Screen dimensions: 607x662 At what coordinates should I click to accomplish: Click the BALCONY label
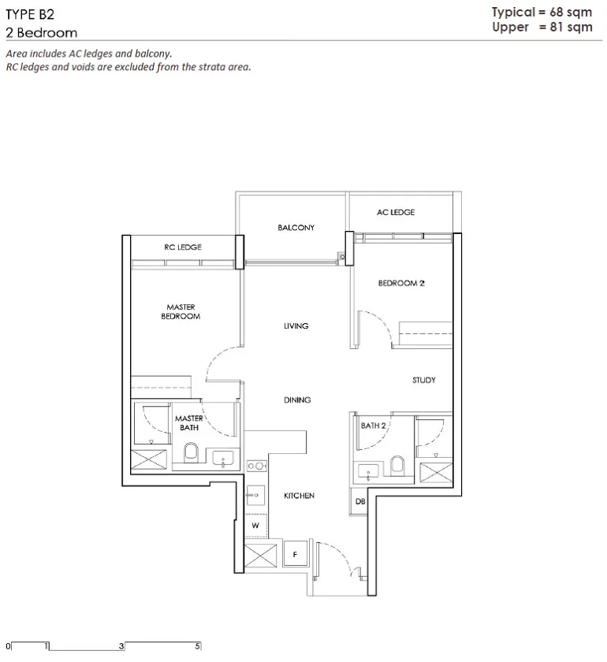296,228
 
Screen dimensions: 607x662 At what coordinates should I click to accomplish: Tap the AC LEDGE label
396,212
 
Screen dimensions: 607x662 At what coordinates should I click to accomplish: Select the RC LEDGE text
183,247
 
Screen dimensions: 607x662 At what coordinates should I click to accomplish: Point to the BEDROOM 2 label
401,283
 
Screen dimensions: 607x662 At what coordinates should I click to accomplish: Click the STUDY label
423,380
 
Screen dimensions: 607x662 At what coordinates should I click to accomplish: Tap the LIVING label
296,326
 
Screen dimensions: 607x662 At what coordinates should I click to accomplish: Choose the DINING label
297,400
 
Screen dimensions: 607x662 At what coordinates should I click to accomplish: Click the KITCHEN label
299,496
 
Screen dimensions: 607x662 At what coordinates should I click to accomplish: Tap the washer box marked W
256,526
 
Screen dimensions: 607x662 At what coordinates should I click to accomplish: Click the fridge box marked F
296,553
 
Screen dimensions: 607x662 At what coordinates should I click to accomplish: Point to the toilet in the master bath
191,452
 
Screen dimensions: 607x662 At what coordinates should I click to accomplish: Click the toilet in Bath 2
397,465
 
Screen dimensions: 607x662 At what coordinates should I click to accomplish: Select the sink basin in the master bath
222,459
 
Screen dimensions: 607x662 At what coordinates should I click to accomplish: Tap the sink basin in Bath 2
368,471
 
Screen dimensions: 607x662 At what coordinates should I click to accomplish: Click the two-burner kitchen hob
256,466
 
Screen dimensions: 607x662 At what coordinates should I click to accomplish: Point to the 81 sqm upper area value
571,27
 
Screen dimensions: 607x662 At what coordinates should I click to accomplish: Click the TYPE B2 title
30,14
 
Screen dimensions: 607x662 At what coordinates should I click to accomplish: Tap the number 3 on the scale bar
121,646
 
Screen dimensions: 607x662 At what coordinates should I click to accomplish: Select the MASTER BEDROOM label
181,311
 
